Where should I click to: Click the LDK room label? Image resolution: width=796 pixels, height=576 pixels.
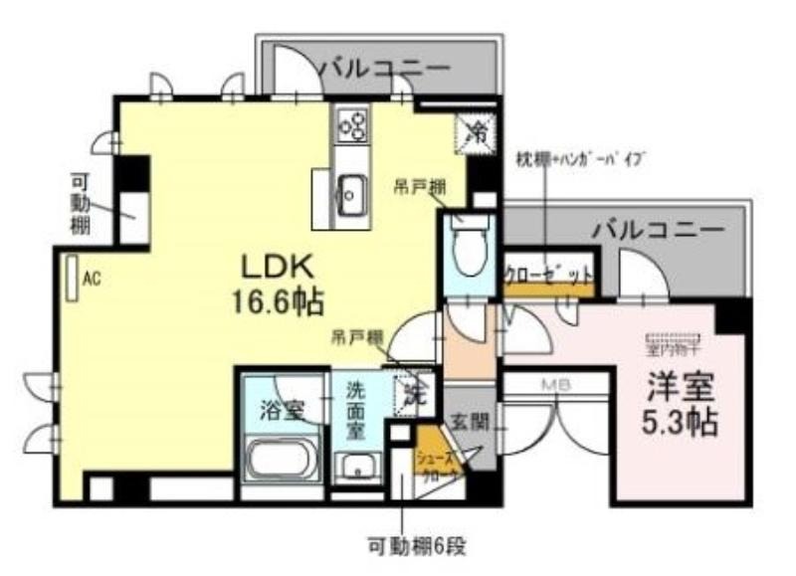click(x=276, y=266)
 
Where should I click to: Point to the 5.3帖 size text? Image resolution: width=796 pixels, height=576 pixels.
click(x=680, y=423)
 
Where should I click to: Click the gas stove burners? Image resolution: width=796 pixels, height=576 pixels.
click(x=351, y=123)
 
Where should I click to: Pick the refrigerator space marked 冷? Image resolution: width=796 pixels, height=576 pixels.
click(x=476, y=130)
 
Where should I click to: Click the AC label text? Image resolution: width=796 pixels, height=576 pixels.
click(x=92, y=280)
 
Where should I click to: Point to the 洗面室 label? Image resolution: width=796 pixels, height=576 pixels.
click(x=355, y=411)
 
